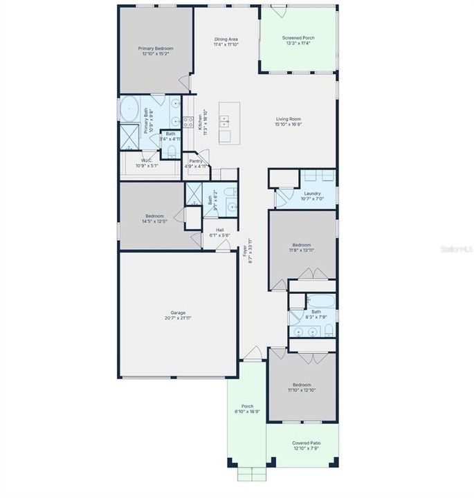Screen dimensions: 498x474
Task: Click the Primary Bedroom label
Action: (x=155, y=48)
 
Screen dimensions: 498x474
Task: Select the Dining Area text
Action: (x=226, y=40)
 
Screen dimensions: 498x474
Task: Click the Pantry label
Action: (x=196, y=161)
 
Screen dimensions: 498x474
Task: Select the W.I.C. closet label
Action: (x=141, y=161)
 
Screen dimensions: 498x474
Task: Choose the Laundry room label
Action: (x=311, y=193)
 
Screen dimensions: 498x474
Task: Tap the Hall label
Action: (x=219, y=230)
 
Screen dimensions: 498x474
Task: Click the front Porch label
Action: (x=247, y=406)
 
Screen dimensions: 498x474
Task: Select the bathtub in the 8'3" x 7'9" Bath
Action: (x=320, y=302)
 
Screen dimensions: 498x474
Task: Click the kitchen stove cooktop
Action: (x=188, y=122)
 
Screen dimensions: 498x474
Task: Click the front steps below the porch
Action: (x=247, y=474)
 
